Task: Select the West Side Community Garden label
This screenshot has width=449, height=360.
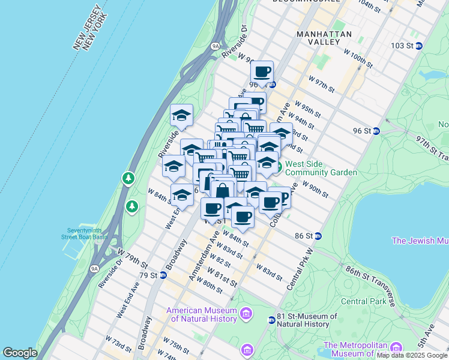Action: click(321, 167)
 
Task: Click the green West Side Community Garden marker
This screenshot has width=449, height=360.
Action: click(278, 164)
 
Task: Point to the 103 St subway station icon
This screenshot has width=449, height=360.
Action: click(419, 46)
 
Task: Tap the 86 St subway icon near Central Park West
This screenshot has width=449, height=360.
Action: click(319, 236)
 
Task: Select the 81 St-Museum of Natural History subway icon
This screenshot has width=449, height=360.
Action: click(272, 320)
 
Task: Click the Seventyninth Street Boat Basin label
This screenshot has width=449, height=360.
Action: click(87, 233)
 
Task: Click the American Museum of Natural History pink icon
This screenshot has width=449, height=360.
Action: click(246, 313)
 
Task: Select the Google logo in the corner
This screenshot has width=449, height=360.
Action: click(20, 353)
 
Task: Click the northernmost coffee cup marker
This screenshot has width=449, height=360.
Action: click(262, 72)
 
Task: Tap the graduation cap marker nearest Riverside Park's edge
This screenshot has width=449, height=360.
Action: click(181, 115)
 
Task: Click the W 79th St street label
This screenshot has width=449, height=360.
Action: click(133, 258)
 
